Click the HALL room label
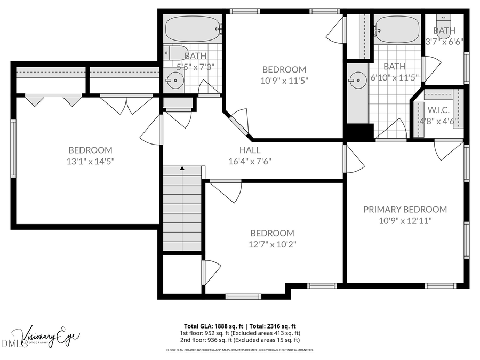[x=250, y=150]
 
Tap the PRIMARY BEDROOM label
[x=405, y=210]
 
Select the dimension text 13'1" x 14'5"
[x=90, y=161]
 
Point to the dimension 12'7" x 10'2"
[x=272, y=244]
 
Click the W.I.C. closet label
[x=438, y=110]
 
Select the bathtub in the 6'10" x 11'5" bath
[x=396, y=29]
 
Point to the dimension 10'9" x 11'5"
[x=284, y=81]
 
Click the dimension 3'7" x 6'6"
[x=444, y=41]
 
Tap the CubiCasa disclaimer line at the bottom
[x=240, y=350]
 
